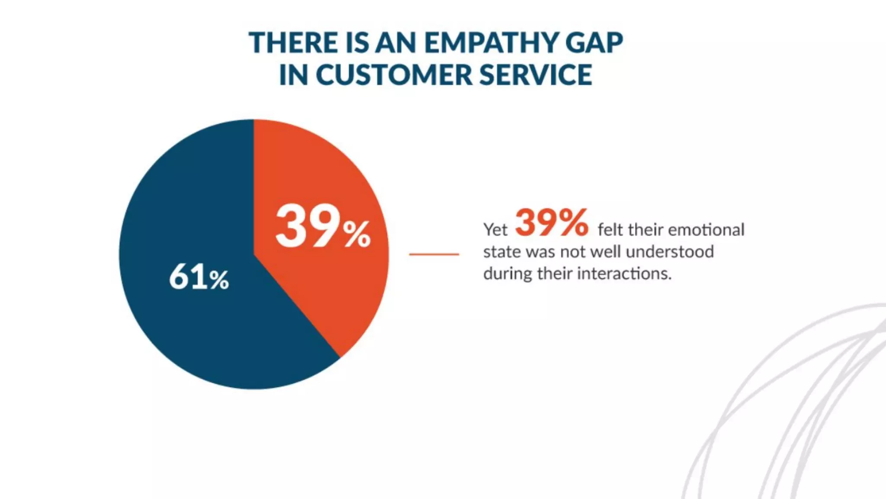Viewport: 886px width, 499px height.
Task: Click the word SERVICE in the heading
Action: pos(536,75)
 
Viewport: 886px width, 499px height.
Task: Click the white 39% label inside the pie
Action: pos(323,227)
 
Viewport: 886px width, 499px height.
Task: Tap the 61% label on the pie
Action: pos(199,277)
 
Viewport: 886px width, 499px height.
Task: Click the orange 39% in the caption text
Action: pos(552,223)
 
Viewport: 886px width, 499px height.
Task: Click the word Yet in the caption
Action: pos(495,230)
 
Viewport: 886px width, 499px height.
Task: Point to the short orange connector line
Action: pos(434,254)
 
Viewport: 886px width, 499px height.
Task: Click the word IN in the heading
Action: pos(293,75)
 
